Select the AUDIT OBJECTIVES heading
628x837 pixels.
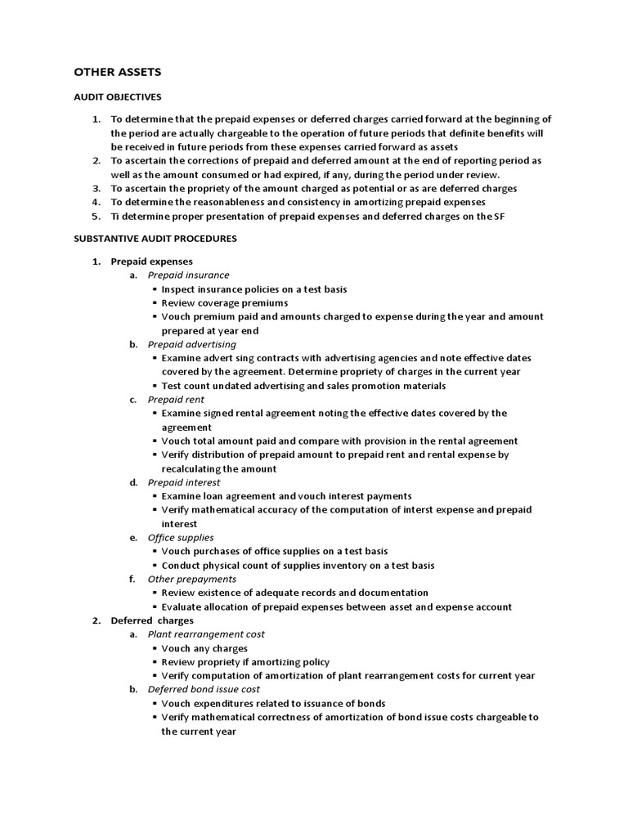pyautogui.click(x=118, y=96)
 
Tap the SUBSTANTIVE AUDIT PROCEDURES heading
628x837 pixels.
pyautogui.click(x=155, y=239)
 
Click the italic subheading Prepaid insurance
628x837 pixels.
pyautogui.click(x=188, y=275)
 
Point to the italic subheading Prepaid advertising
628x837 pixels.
pyautogui.click(x=191, y=344)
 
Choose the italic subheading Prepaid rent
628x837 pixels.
pyautogui.click(x=176, y=400)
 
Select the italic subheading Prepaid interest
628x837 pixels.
pyautogui.click(x=183, y=482)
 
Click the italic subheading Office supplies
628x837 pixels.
pyautogui.click(x=181, y=538)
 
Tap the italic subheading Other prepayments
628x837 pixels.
pyautogui.click(x=191, y=579)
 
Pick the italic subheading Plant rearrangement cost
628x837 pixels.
pyautogui.click(x=206, y=634)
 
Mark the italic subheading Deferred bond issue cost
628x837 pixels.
pyautogui.click(x=204, y=690)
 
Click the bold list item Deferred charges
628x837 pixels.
pyautogui.click(x=152, y=620)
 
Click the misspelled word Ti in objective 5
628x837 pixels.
pyautogui.click(x=116, y=217)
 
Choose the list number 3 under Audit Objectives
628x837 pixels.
pyautogui.click(x=96, y=188)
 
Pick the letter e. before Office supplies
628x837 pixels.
pyautogui.click(x=133, y=538)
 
